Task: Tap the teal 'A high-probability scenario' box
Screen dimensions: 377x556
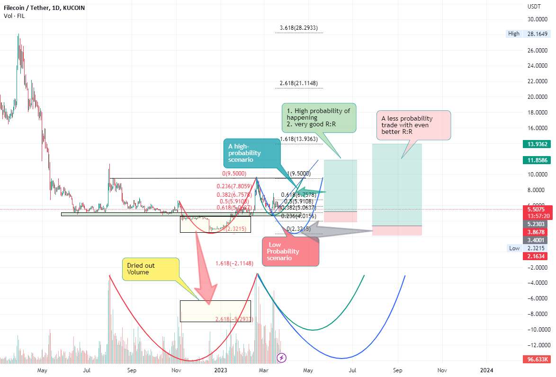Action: (x=251, y=153)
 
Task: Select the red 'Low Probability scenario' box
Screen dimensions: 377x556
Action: (x=290, y=251)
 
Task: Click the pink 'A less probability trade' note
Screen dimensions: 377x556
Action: (x=413, y=125)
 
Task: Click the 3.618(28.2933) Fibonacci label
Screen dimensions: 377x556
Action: (x=298, y=28)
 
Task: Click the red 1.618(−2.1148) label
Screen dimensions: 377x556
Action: (x=234, y=263)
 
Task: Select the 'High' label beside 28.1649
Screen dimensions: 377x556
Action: (x=513, y=34)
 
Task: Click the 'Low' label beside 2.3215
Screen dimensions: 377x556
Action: (x=514, y=248)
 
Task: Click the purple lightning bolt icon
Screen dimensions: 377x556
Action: (x=282, y=358)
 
